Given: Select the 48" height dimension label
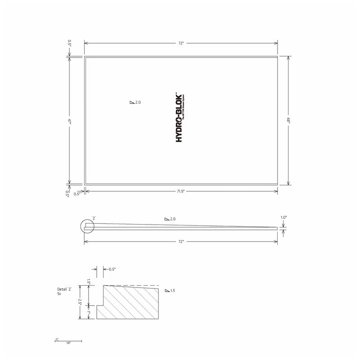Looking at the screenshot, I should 288,120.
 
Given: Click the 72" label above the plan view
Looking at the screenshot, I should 181,43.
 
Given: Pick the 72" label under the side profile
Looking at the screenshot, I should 181,242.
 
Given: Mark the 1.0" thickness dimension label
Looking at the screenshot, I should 283,217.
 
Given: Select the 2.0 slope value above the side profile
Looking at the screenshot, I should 172,219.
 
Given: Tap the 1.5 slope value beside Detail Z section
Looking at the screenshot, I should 173,291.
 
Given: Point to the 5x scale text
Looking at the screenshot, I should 59,293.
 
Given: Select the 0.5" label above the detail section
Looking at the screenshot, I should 112,269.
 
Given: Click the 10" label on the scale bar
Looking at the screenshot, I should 68,343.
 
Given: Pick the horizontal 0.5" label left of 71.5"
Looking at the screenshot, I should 76,194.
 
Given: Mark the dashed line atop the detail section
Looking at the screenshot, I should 135,285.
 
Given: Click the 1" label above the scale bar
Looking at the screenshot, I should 57,339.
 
